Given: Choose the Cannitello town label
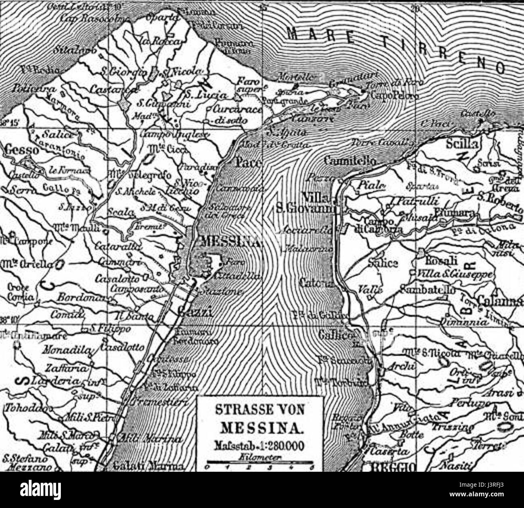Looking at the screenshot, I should coord(349,160).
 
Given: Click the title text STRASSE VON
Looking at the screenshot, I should coord(260,411).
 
